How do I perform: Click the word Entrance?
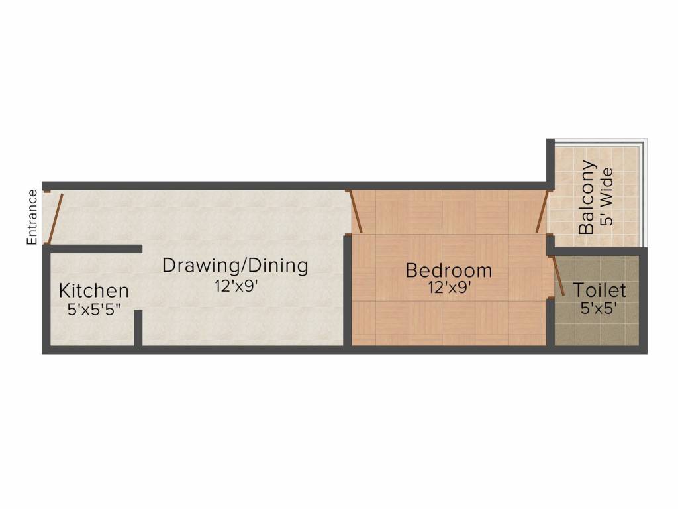32,217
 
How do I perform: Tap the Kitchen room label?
93,290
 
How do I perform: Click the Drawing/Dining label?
235,266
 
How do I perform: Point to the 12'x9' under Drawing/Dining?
235,286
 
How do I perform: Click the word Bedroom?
449,270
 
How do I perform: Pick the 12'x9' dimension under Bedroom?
449,288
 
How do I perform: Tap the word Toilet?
600,290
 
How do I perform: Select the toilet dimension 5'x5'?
600,308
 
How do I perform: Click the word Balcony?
587,198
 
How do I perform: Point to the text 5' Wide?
606,198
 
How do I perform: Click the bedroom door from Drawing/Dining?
356,211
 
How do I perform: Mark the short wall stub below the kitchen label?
138,327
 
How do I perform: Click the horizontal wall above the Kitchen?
96,249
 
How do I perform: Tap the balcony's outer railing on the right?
643,192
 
